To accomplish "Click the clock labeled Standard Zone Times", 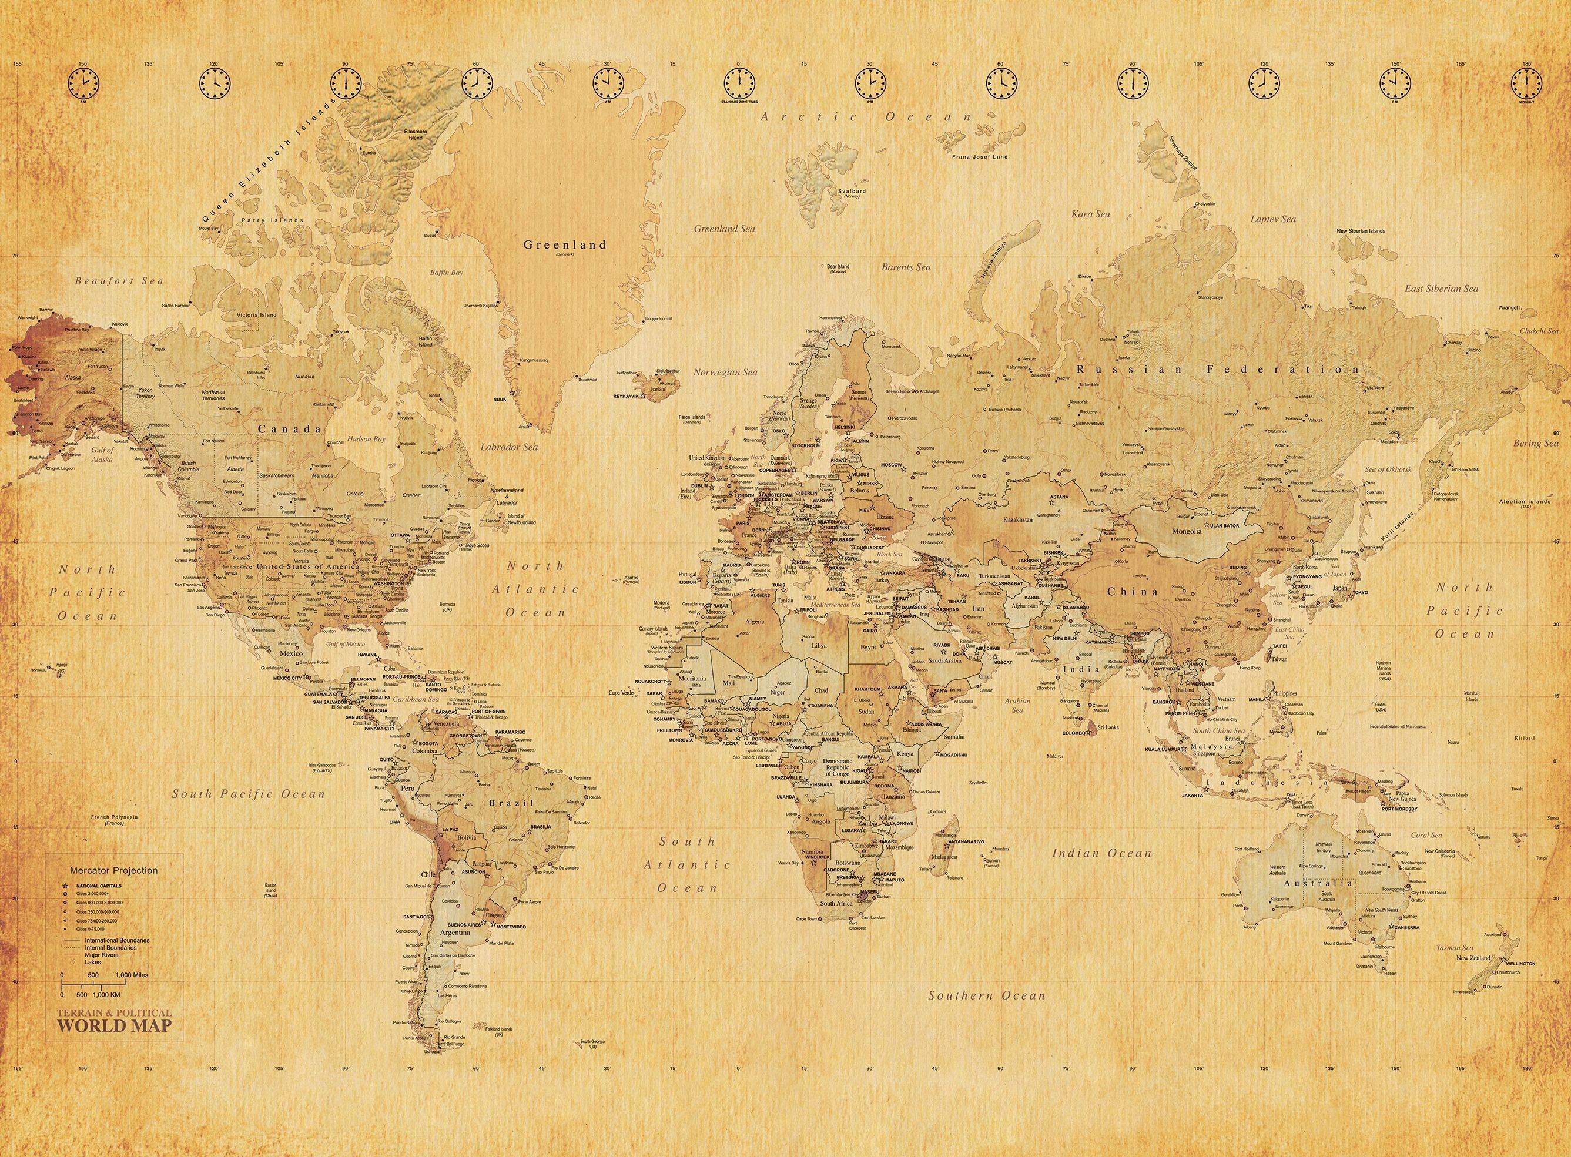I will click(x=739, y=84).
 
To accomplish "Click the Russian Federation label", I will click(x=1218, y=369).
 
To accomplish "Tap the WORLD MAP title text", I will click(x=114, y=1026).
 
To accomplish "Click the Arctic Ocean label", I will click(x=867, y=117).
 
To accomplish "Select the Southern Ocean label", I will click(x=987, y=995).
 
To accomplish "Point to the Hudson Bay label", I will click(x=370, y=439).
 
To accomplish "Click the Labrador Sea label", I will click(x=509, y=446).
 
